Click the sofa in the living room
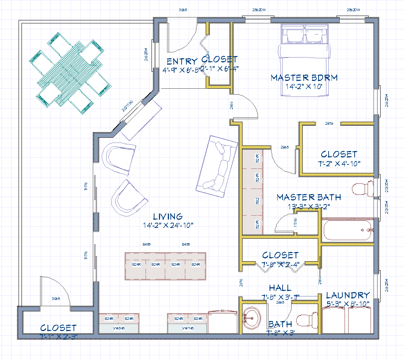click(x=218, y=166)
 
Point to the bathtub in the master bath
click(x=348, y=230)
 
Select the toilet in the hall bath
click(x=308, y=320)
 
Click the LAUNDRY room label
click(x=348, y=295)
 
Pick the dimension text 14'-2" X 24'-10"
click(x=168, y=225)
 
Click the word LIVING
click(x=168, y=216)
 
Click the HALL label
click(x=280, y=288)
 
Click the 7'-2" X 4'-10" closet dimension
click(x=339, y=163)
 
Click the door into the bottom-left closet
click(x=56, y=293)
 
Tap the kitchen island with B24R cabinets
click(x=165, y=265)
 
